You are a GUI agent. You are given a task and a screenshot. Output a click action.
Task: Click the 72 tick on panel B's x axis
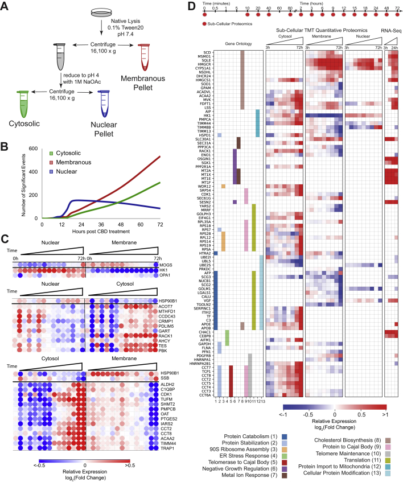(160, 224)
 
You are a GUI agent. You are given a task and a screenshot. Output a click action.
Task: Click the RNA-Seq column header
(392, 28)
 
